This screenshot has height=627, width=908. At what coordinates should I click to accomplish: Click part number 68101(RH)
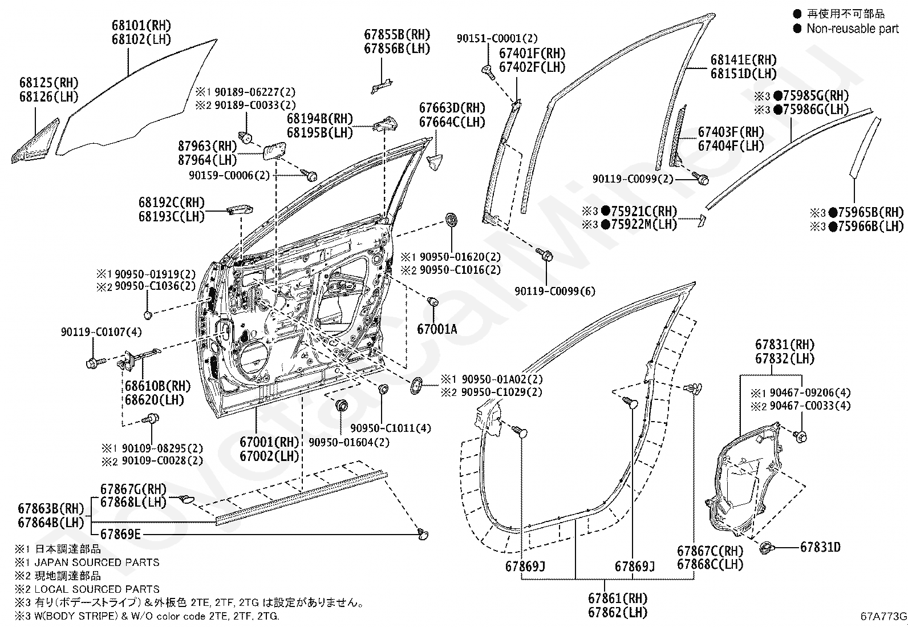pyautogui.click(x=141, y=26)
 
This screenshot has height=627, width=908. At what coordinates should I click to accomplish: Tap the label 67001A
pyautogui.click(x=437, y=329)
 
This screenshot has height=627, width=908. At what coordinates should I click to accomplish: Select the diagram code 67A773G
pyautogui.click(x=883, y=616)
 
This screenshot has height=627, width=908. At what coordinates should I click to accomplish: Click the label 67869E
pyautogui.click(x=120, y=534)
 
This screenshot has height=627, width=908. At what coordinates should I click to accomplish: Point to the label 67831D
pyautogui.click(x=820, y=547)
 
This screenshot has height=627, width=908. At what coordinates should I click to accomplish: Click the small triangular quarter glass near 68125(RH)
pyautogui.click(x=35, y=141)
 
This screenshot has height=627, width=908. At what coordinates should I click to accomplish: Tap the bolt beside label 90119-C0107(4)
pyautogui.click(x=96, y=362)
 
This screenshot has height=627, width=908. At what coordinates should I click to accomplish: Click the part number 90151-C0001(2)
pyautogui.click(x=497, y=38)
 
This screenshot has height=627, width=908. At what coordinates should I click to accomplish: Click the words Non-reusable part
pyautogui.click(x=853, y=29)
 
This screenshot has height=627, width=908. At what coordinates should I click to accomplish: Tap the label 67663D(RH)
pyautogui.click(x=452, y=108)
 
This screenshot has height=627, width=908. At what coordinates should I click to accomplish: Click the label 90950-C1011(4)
pyautogui.click(x=390, y=428)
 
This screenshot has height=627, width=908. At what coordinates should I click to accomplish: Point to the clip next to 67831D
pyautogui.click(x=767, y=548)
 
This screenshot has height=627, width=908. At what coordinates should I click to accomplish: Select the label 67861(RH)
pyautogui.click(x=617, y=598)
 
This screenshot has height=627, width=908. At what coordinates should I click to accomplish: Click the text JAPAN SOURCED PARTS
pyautogui.click(x=97, y=563)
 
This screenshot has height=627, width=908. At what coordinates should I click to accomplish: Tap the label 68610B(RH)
pyautogui.click(x=157, y=386)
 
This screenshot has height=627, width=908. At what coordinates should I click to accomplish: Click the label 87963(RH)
pyautogui.click(x=207, y=146)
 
